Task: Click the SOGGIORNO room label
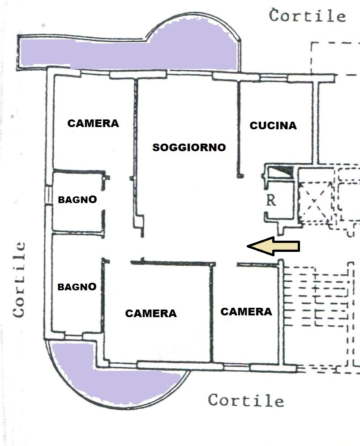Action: [189, 147]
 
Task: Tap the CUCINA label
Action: [273, 125]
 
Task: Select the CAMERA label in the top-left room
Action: [93, 123]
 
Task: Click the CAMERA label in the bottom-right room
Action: [246, 311]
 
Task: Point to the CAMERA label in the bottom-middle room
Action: [151, 313]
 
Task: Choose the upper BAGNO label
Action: [77, 200]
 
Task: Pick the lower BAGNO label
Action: [77, 286]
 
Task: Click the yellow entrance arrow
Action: [274, 246]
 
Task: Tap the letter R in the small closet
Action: [271, 200]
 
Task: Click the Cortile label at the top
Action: [308, 16]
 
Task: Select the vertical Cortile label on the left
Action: [19, 280]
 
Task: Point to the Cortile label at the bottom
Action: [246, 400]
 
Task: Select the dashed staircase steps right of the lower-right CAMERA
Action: [316, 297]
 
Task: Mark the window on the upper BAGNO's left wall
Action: [48, 195]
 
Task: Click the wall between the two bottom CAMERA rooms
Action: [211, 313]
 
